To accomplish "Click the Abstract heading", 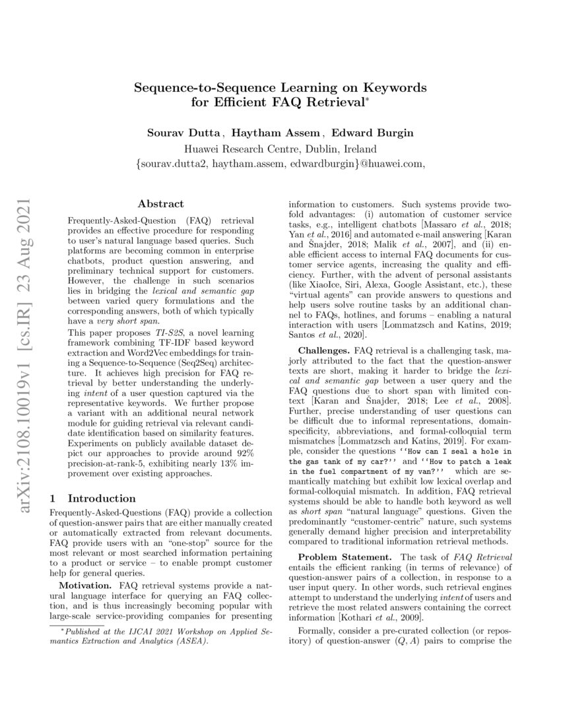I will pos(160,204).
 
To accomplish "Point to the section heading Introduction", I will pos(102,498).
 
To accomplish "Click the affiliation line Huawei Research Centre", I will pos(280,148).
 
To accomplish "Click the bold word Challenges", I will pos(324,349).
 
